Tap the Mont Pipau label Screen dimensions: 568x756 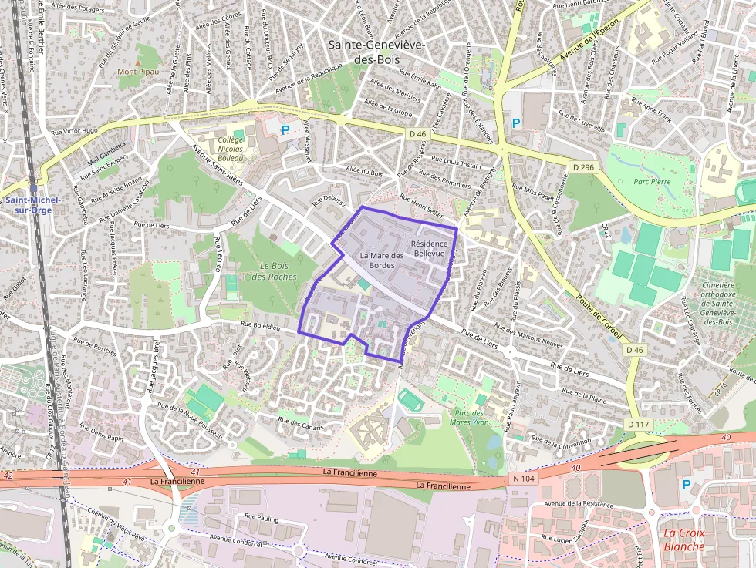click(x=137, y=72)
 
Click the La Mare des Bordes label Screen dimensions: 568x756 click(x=382, y=260)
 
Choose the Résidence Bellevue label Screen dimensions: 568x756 click(x=430, y=247)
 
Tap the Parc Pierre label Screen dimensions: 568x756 click(x=652, y=182)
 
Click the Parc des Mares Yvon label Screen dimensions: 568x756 click(x=473, y=417)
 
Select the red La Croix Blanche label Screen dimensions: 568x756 click(x=683, y=539)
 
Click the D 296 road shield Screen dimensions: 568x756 click(x=583, y=167)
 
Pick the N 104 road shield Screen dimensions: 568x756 click(x=523, y=479)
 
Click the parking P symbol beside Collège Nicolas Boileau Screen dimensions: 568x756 click(x=285, y=131)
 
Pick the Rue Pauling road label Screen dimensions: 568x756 click(x=261, y=519)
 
